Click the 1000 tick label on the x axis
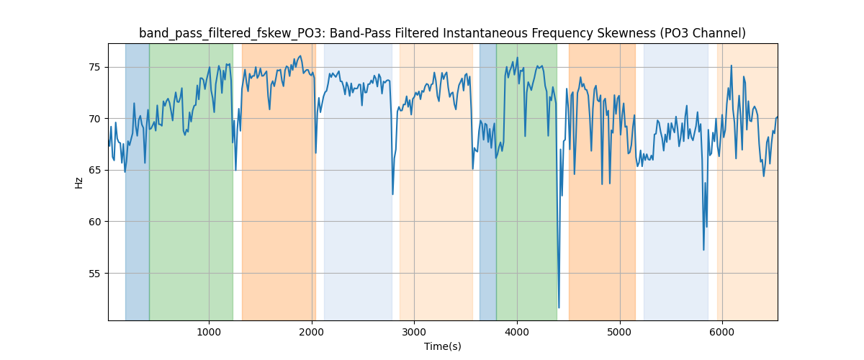click(209, 332)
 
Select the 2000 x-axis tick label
click(312, 332)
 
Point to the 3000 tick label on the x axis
click(414, 332)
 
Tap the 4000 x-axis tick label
click(517, 332)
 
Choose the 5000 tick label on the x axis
click(620, 332)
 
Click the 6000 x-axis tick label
click(722, 332)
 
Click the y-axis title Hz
click(79, 183)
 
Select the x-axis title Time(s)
click(443, 346)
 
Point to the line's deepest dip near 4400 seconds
click(559, 307)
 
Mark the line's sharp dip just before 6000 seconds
click(703, 249)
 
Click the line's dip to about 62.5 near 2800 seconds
click(392, 194)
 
